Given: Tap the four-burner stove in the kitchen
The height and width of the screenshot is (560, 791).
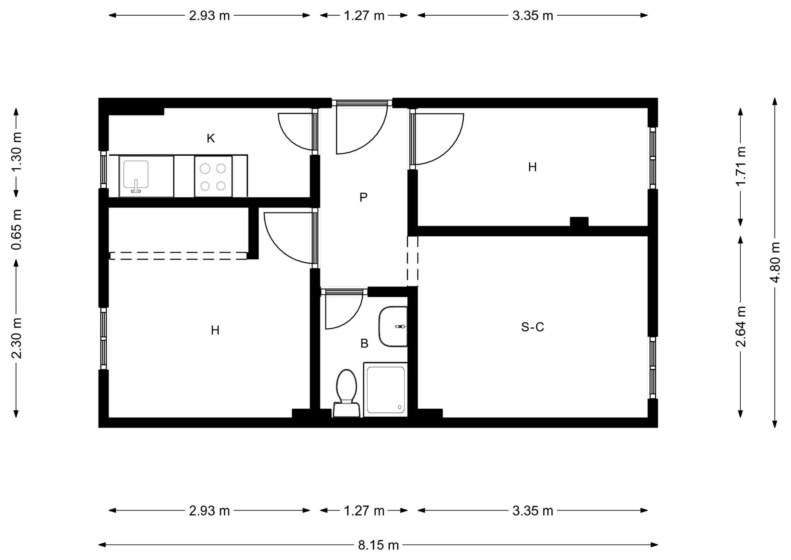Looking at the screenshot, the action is [x=213, y=176].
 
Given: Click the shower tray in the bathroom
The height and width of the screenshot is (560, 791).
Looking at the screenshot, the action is [x=386, y=390].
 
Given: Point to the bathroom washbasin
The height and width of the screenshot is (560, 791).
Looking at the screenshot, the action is [x=393, y=327].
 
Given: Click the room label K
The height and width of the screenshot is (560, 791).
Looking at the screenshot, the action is [x=211, y=139].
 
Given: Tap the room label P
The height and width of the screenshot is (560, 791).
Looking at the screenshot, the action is [x=363, y=198].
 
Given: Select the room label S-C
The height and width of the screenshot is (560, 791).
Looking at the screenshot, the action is [x=532, y=327].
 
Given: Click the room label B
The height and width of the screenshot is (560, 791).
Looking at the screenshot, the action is [x=364, y=343].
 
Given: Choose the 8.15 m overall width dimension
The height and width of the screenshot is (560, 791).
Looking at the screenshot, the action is [x=378, y=545].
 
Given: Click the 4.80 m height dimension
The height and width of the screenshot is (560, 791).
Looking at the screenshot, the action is [x=775, y=263].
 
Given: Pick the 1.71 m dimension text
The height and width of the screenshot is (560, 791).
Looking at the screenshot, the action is [x=741, y=167].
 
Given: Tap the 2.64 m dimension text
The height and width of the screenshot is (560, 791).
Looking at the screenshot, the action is [x=741, y=327].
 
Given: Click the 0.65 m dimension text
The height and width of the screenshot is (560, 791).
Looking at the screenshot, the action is [x=16, y=229].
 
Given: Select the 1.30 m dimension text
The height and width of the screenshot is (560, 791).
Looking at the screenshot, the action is [x=16, y=152].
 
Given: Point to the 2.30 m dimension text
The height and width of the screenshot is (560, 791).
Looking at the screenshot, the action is [x=16, y=338].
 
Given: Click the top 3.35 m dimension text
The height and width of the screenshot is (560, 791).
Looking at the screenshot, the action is [x=532, y=16].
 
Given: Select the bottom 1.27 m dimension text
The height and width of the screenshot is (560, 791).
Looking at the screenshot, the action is [x=364, y=511].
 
